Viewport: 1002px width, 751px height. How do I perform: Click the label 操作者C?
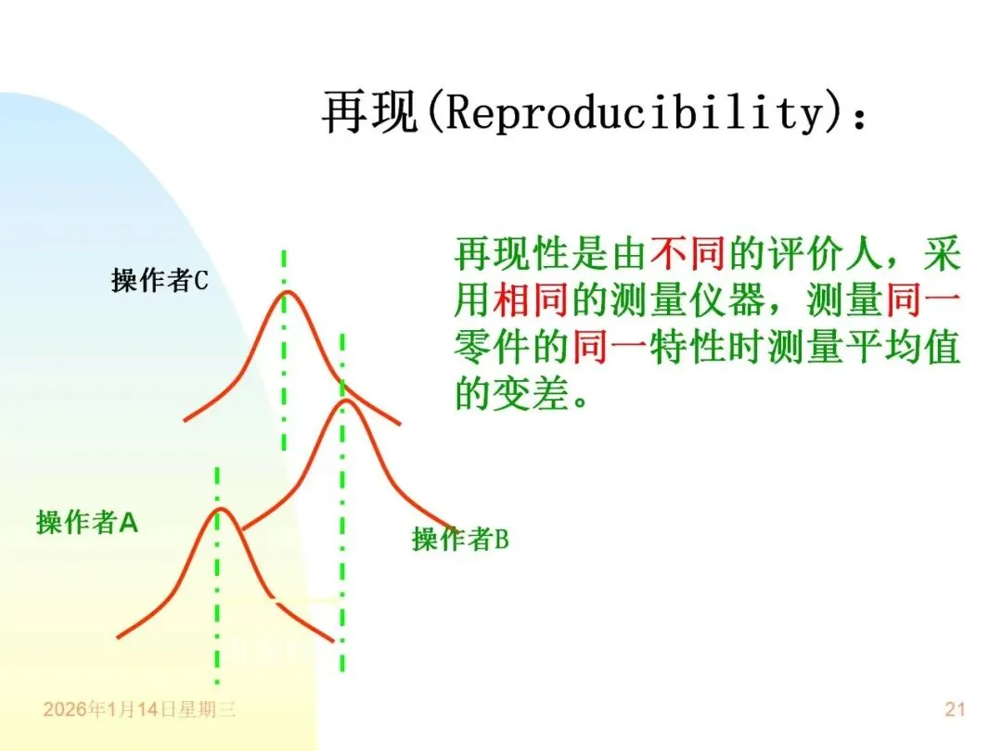pyautogui.click(x=160, y=280)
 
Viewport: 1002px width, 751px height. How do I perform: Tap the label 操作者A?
pyautogui.click(x=87, y=522)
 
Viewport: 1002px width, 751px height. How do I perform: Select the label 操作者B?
pyautogui.click(x=460, y=539)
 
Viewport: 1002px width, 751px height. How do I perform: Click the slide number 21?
pyautogui.click(x=955, y=710)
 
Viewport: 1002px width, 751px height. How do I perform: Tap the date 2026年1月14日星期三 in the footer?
pyautogui.click(x=139, y=710)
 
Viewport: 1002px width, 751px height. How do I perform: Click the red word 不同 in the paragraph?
pyautogui.click(x=687, y=251)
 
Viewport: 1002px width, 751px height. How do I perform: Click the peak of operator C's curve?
pyautogui.click(x=286, y=292)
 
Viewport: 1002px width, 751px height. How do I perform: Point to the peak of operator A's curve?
pyautogui.click(x=220, y=509)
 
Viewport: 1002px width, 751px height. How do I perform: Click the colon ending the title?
pyautogui.click(x=860, y=117)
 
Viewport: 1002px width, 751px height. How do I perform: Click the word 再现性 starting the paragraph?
pyautogui.click(x=513, y=251)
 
